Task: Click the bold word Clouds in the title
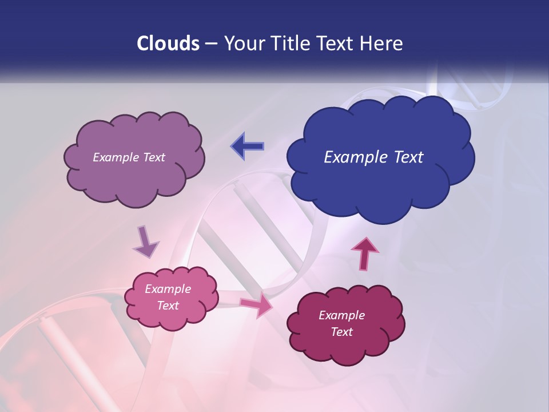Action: pyautogui.click(x=168, y=43)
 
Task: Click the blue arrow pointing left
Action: pyautogui.click(x=248, y=146)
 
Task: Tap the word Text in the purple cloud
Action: pyautogui.click(x=154, y=157)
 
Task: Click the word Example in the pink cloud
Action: pyautogui.click(x=168, y=289)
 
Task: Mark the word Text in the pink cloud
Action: pyautogui.click(x=168, y=306)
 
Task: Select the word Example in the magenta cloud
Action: pyautogui.click(x=341, y=315)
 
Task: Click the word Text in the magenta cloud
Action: pyautogui.click(x=341, y=332)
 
